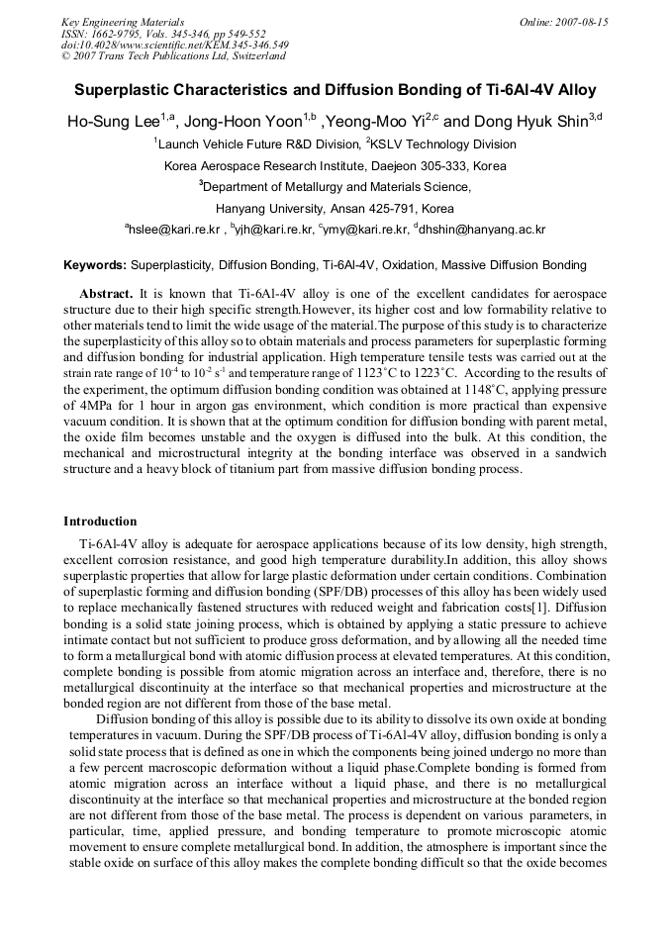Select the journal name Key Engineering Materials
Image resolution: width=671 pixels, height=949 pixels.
point(123,22)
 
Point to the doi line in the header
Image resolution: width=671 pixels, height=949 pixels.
point(175,45)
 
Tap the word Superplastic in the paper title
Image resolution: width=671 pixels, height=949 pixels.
point(123,90)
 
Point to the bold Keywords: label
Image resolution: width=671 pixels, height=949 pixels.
point(95,265)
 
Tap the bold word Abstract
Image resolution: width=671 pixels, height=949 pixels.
point(106,295)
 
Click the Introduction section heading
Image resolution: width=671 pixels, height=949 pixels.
point(100,522)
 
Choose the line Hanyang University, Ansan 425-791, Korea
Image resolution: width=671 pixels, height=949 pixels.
point(335,209)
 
